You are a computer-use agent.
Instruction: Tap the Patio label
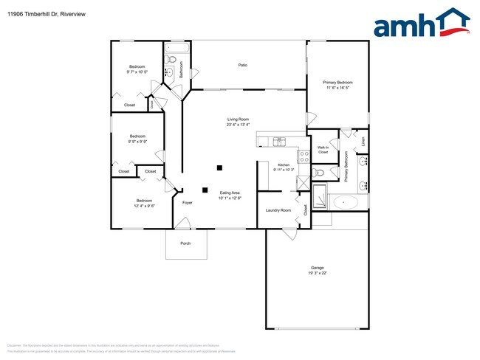tap(242, 66)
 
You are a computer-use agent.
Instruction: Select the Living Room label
tap(238, 120)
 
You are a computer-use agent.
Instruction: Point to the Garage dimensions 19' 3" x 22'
tap(317, 273)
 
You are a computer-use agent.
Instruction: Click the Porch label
tap(185, 244)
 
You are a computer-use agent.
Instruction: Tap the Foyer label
tap(187, 201)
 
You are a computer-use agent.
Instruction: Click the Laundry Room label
tap(278, 210)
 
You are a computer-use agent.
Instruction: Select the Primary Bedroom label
tap(337, 82)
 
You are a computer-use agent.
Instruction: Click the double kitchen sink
tap(279, 140)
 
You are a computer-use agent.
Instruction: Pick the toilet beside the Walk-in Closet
tap(318, 173)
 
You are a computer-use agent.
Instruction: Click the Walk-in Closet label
tap(323, 150)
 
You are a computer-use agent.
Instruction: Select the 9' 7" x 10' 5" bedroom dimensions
tap(137, 72)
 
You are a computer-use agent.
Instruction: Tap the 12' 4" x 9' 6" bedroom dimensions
tap(144, 206)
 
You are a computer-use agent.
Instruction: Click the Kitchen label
tap(283, 165)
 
